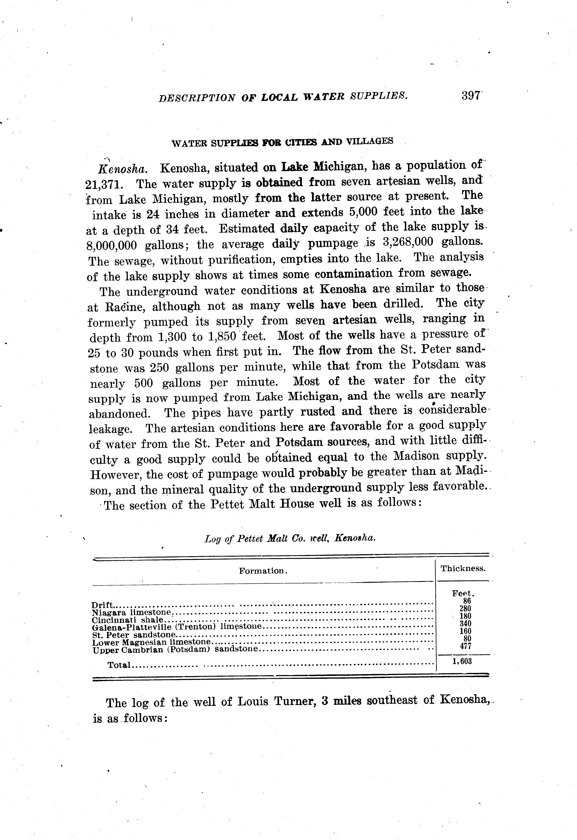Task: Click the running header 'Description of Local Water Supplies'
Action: (283, 97)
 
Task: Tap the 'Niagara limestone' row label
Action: (132, 613)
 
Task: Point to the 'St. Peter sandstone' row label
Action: (134, 635)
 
